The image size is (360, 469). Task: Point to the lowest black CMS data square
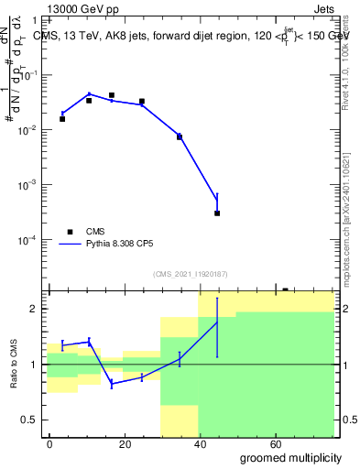(217, 213)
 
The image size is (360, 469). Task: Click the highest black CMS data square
(112, 95)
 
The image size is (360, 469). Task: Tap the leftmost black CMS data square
(62, 119)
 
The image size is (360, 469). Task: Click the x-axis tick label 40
(201, 443)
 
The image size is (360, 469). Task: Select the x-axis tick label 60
(276, 443)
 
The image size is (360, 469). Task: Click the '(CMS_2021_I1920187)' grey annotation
(191, 273)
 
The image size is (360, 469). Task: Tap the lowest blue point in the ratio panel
(112, 384)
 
